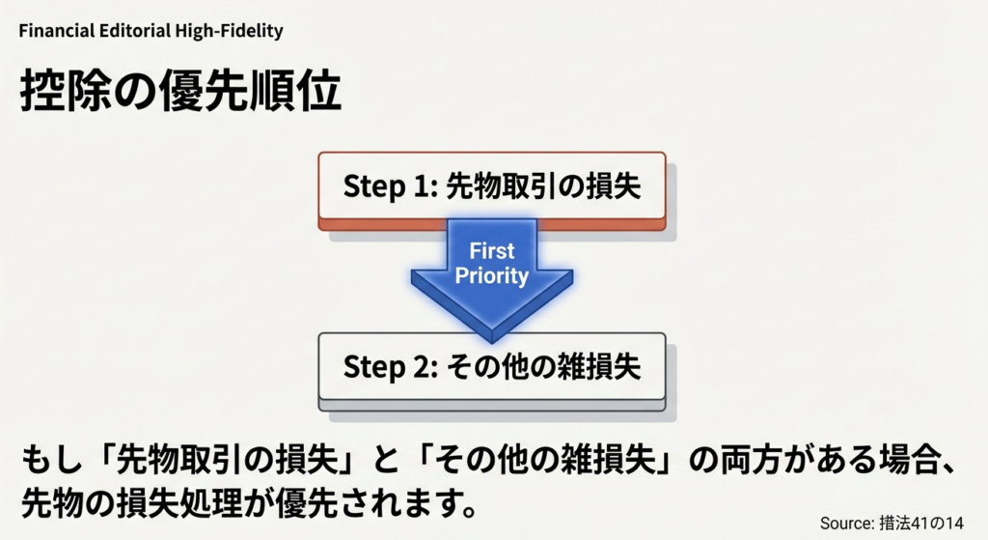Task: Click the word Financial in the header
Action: tap(57, 31)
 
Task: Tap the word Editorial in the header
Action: tap(136, 31)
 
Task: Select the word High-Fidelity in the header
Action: tap(230, 31)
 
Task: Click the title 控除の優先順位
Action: tap(180, 94)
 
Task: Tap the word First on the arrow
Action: tap(492, 252)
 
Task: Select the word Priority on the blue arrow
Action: tap(492, 276)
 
